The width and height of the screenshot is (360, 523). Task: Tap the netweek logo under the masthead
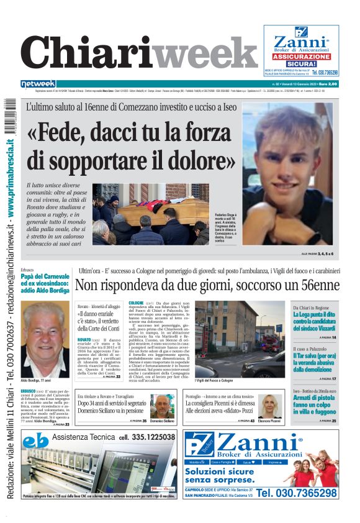click(x=38, y=84)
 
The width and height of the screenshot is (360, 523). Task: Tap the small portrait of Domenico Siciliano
click(x=162, y=406)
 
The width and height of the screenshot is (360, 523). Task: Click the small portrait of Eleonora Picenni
click(x=271, y=406)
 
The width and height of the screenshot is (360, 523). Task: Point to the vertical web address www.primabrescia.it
click(x=12, y=186)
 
